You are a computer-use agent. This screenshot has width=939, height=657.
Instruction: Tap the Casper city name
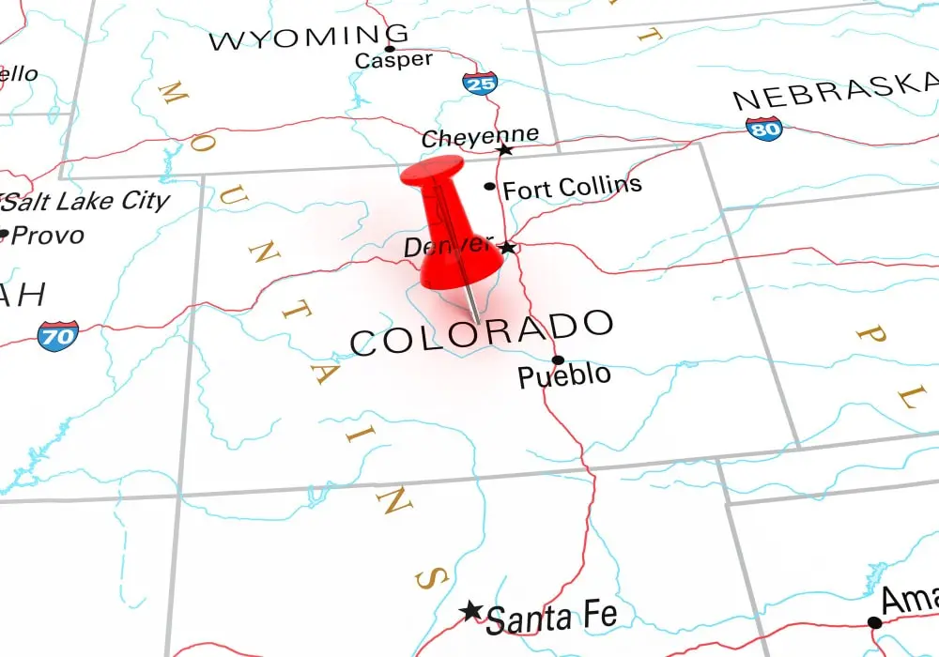tap(393, 60)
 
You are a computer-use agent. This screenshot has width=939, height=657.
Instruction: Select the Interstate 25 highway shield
tap(480, 84)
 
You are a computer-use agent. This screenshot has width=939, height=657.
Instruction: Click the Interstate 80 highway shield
tap(763, 129)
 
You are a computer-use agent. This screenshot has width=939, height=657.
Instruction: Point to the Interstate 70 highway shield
tap(57, 334)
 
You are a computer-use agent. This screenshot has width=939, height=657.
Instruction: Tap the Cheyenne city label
tap(480, 137)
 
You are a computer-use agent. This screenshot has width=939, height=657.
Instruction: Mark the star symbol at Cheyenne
tap(505, 149)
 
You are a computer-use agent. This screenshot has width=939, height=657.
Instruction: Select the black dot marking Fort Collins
tap(489, 187)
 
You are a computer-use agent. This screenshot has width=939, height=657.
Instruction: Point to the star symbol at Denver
tap(508, 248)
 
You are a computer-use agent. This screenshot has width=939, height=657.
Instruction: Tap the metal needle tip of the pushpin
tap(477, 320)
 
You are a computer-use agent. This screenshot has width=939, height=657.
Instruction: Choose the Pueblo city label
tap(564, 376)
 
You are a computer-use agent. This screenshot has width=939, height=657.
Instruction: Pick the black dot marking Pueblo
tap(558, 359)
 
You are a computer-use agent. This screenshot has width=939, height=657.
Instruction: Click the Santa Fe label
tap(552, 618)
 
